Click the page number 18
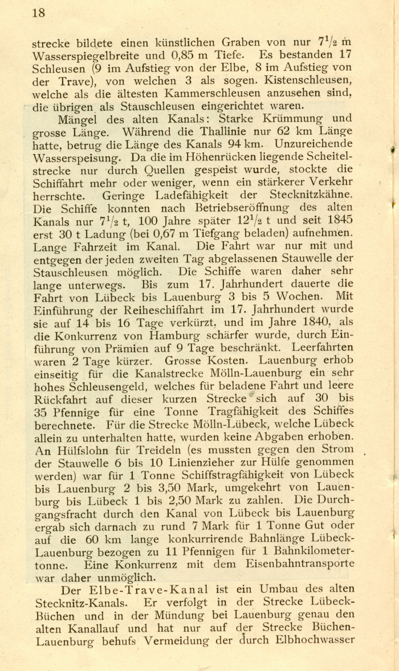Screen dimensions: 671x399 pyautogui.click(x=38, y=13)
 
